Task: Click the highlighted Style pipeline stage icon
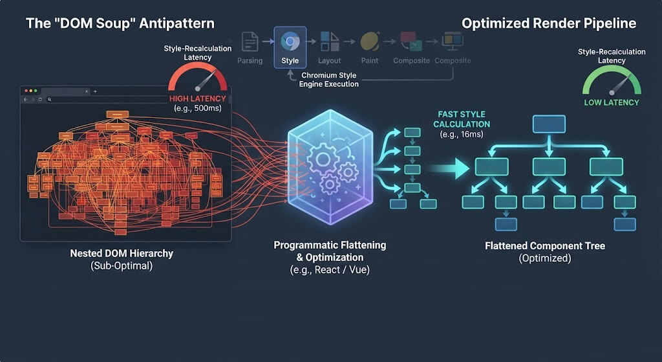click(x=290, y=41)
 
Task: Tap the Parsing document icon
click(x=250, y=42)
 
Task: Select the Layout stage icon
click(x=330, y=41)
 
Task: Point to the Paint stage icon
click(x=370, y=41)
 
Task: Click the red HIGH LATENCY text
click(x=198, y=98)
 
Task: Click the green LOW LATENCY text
click(x=612, y=102)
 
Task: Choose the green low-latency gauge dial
click(x=612, y=82)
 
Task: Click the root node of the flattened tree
click(x=549, y=124)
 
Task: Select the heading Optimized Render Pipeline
click(x=549, y=23)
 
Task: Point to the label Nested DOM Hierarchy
click(x=122, y=253)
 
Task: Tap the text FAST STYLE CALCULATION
click(x=462, y=119)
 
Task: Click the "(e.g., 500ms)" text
click(x=198, y=108)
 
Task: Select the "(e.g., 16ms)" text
click(x=462, y=135)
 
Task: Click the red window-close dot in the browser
click(x=26, y=91)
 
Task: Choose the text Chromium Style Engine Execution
click(x=329, y=80)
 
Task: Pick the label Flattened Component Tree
click(x=545, y=245)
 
